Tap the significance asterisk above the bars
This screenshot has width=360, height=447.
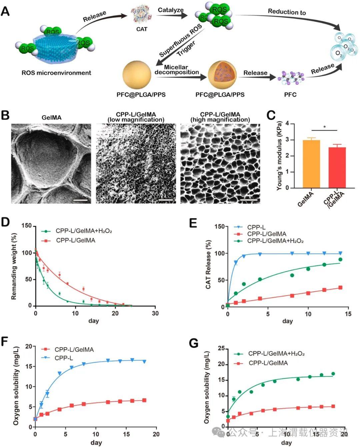coord(324,127)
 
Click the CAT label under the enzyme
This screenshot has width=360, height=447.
coord(142,29)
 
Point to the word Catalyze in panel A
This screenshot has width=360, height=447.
coord(170,10)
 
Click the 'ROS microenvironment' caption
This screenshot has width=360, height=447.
coord(56,73)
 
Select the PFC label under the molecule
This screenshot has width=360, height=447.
coord(290,94)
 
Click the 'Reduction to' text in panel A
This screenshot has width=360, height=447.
coord(287,12)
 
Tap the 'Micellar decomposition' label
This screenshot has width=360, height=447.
coord(176,70)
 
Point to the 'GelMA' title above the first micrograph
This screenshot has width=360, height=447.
coord(51,117)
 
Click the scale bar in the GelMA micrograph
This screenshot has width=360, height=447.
coord(80,200)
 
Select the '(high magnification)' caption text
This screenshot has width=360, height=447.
coord(220,119)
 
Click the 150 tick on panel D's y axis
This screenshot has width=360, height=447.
coord(27,226)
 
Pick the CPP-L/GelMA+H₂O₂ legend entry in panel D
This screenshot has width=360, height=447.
coord(83,231)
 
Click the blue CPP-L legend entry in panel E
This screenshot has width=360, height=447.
coord(256,228)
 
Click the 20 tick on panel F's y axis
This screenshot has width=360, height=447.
coord(29,347)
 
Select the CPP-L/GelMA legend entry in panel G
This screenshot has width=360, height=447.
coord(268,363)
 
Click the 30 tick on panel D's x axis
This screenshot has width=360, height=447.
coord(155,313)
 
